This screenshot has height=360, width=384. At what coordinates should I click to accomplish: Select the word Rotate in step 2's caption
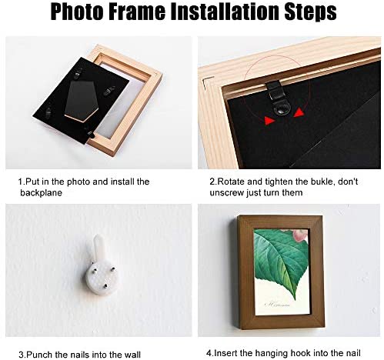232,182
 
